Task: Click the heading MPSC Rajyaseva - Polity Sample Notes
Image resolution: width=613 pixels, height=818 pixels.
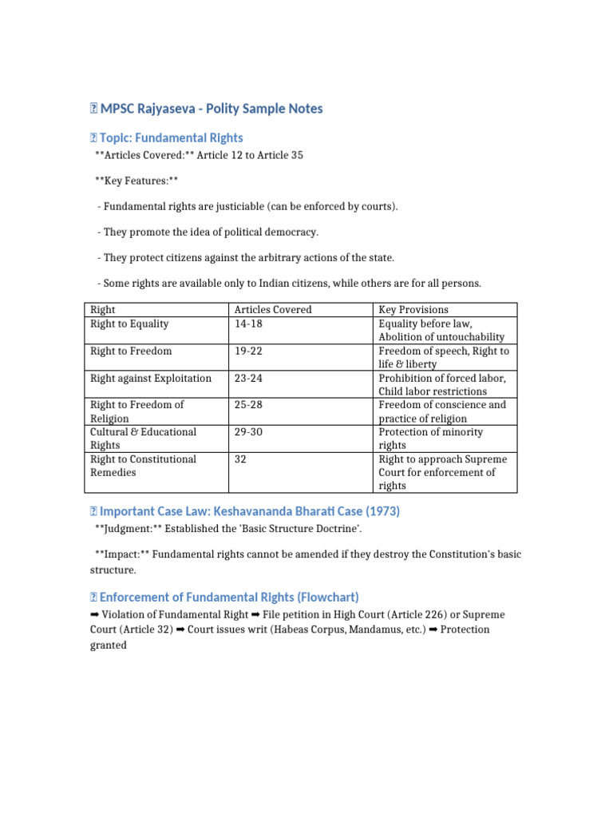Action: click(211, 109)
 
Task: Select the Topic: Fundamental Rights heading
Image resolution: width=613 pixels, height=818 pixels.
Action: click(171, 137)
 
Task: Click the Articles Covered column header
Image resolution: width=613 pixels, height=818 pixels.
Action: click(272, 309)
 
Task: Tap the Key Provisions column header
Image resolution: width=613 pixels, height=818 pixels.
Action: click(413, 309)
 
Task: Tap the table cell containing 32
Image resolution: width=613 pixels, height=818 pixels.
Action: click(240, 459)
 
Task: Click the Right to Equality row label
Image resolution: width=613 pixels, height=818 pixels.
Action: click(129, 324)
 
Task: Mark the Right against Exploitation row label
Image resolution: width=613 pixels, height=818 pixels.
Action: click(151, 378)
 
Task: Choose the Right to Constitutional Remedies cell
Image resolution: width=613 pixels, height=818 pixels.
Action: click(143, 466)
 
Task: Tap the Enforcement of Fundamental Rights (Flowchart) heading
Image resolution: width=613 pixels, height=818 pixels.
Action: click(229, 597)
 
